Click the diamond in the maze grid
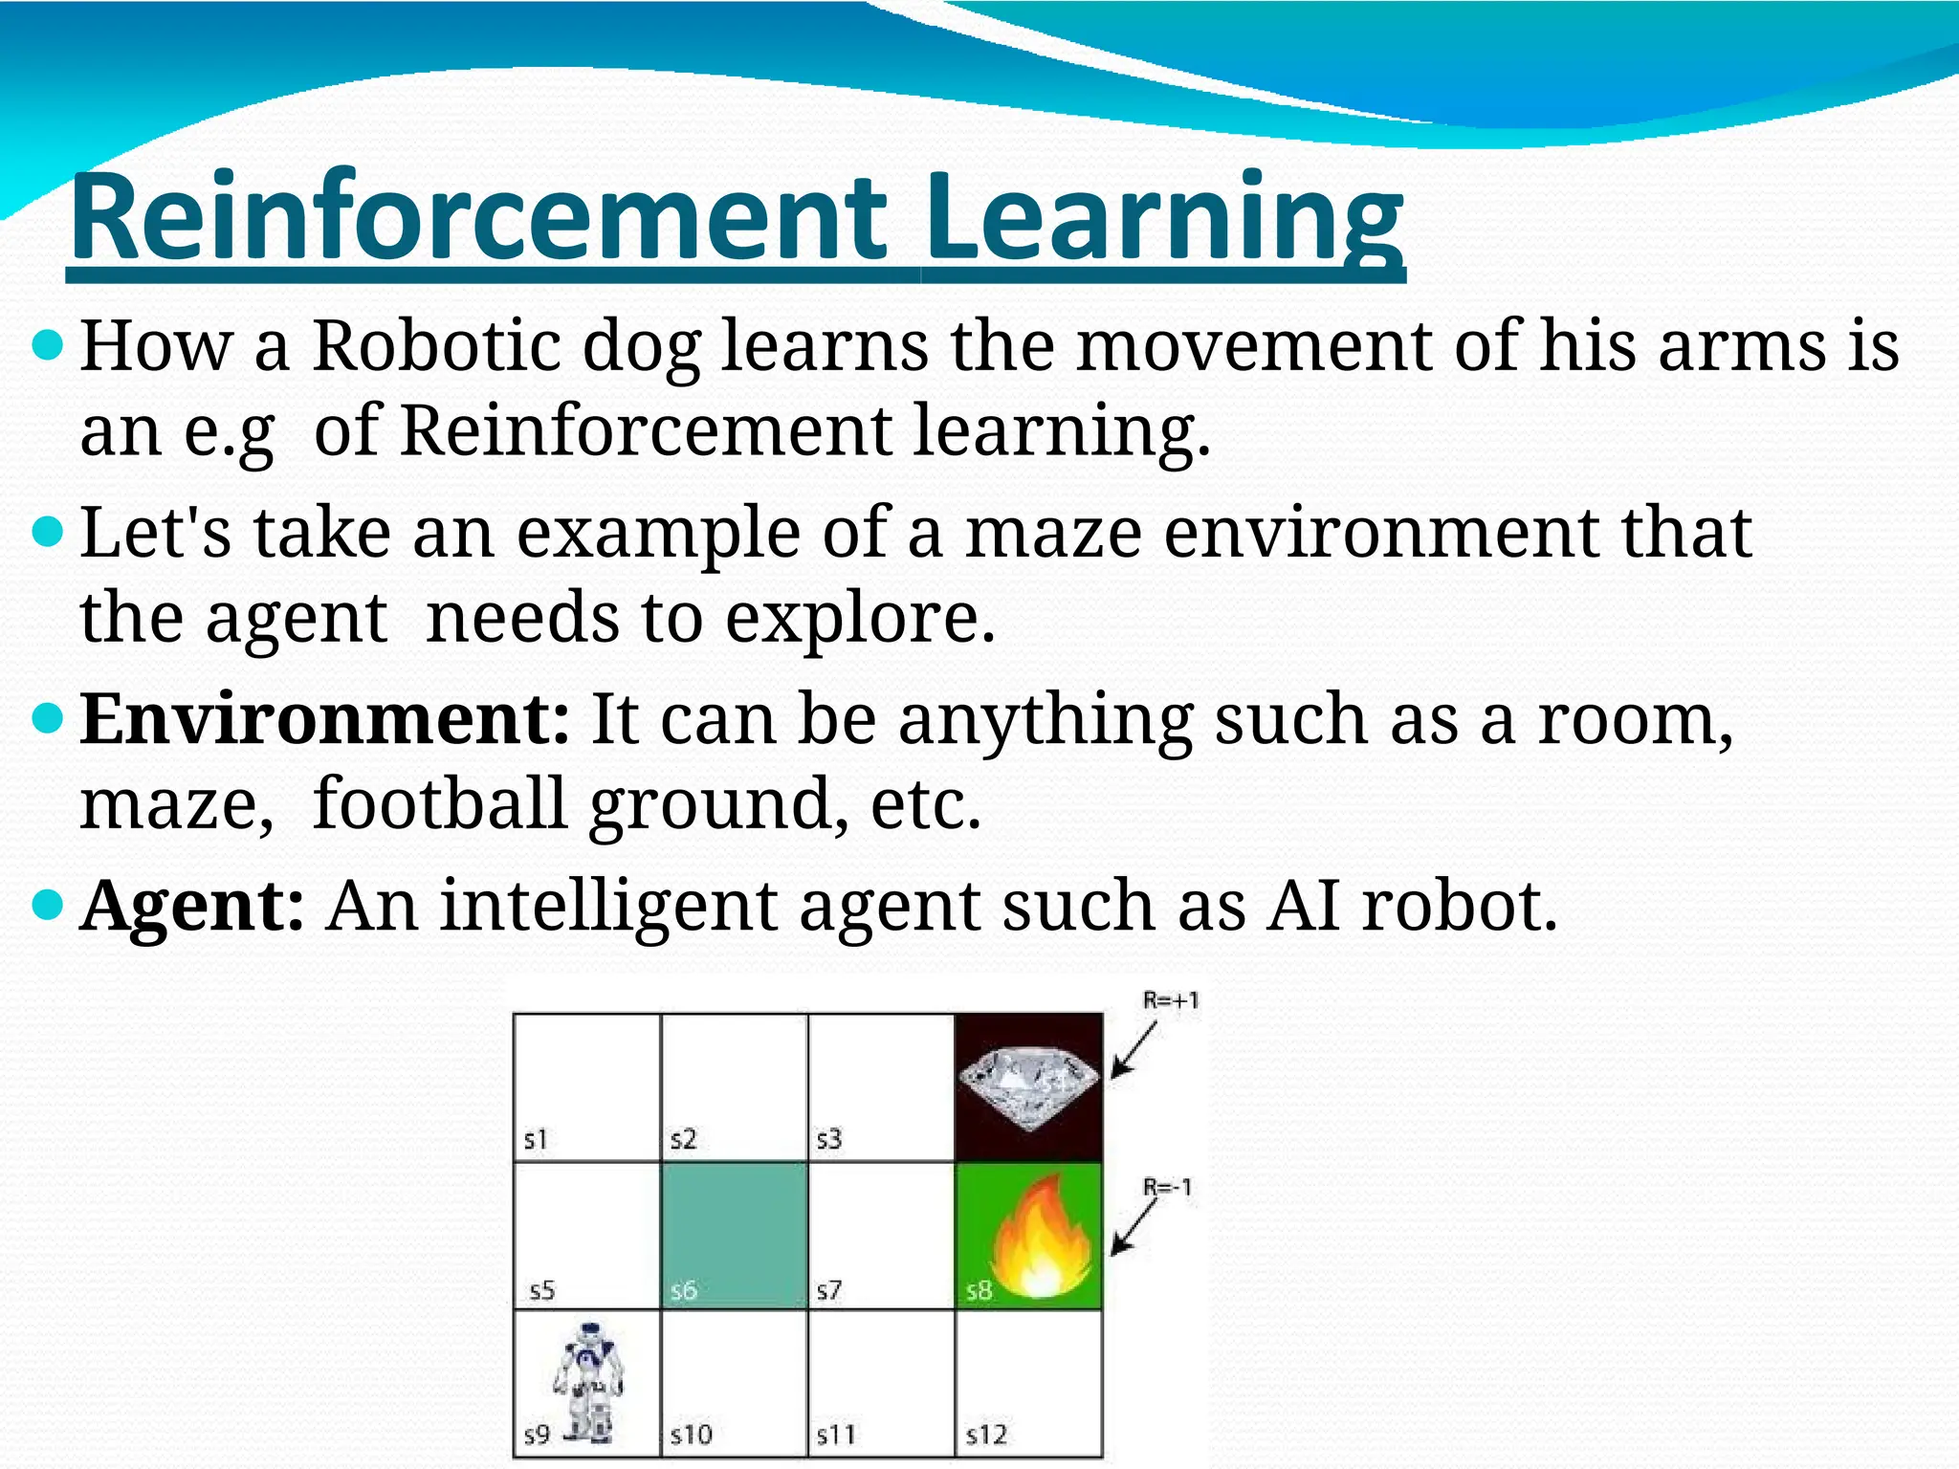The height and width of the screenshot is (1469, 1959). tap(1028, 1088)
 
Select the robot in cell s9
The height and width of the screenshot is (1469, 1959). tap(588, 1381)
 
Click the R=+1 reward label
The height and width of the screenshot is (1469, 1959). tap(1170, 1001)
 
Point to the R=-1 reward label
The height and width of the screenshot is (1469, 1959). tap(1168, 1188)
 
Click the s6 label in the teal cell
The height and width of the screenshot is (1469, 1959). tap(683, 1291)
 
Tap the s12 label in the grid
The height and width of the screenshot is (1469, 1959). tap(985, 1435)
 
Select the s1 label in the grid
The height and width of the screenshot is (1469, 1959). tap(536, 1139)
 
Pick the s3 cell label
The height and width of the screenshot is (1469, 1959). tap(828, 1139)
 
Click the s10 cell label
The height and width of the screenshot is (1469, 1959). tap(691, 1435)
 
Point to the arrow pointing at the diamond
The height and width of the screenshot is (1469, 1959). tap(1134, 1051)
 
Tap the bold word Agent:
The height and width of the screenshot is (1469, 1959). tap(192, 905)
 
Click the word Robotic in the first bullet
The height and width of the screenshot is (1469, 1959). tap(436, 344)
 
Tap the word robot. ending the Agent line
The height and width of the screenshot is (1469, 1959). tap(1460, 905)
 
